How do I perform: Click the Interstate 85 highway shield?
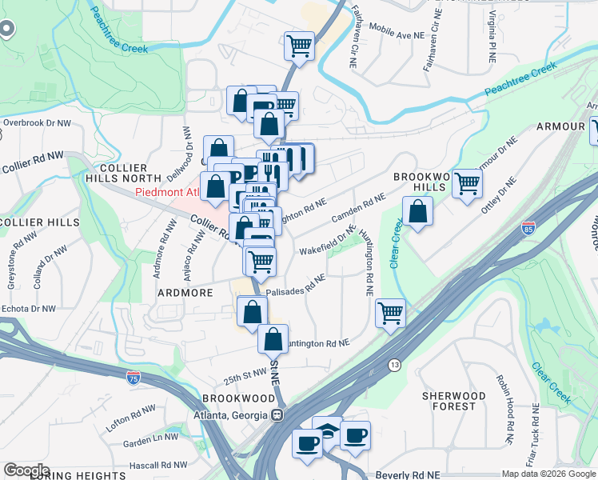528,228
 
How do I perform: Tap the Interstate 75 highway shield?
134,378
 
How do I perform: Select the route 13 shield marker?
394,365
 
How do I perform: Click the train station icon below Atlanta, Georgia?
277,415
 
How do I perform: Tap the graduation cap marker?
326,430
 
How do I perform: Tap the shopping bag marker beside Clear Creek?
417,212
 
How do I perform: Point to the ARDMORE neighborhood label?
185,293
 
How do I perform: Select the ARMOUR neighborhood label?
560,126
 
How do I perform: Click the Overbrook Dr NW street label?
37,123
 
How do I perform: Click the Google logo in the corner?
26,470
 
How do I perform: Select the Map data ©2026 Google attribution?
548,474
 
